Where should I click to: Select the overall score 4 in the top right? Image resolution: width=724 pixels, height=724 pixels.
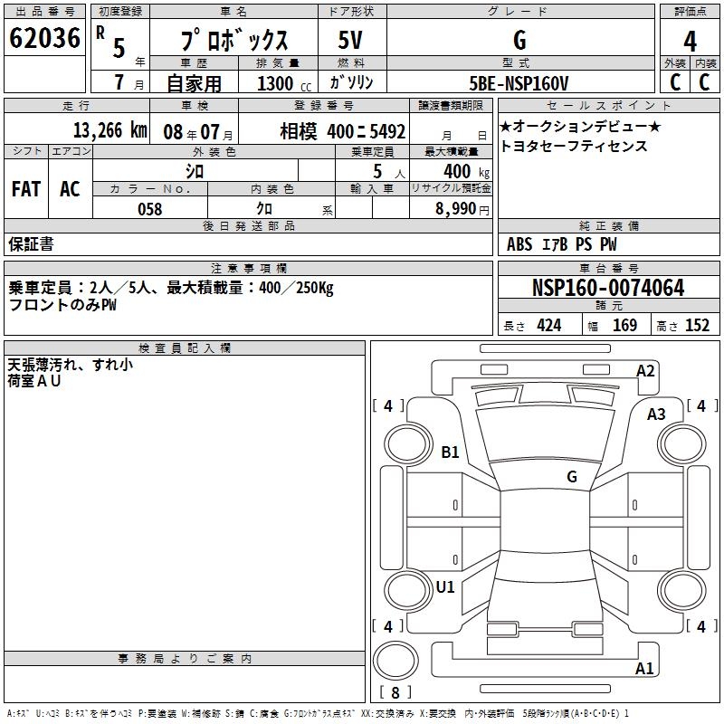tap(690, 42)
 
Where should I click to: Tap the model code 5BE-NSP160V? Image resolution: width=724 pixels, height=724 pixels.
tap(520, 83)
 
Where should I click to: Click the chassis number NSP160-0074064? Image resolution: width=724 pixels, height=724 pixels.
tap(608, 289)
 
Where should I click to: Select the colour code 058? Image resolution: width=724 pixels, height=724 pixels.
tap(150, 209)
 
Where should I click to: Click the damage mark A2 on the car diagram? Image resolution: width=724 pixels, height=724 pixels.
tap(645, 370)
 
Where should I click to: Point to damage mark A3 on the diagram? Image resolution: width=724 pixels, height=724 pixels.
tap(656, 414)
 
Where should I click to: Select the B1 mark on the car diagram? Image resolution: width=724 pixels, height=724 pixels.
tap(450, 452)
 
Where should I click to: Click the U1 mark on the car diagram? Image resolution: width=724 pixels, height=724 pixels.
tap(445, 586)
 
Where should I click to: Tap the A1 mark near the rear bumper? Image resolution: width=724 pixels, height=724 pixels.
tap(644, 669)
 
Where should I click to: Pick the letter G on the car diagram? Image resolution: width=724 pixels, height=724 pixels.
tap(572, 476)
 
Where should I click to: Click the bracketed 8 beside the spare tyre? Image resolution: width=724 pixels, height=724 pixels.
tap(395, 693)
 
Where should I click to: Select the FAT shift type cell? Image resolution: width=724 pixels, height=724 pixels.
tap(26, 189)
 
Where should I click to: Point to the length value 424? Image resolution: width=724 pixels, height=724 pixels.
tap(548, 326)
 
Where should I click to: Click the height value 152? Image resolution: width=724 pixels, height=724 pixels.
tap(697, 326)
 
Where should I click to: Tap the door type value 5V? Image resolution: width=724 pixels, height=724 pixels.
tap(350, 40)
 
